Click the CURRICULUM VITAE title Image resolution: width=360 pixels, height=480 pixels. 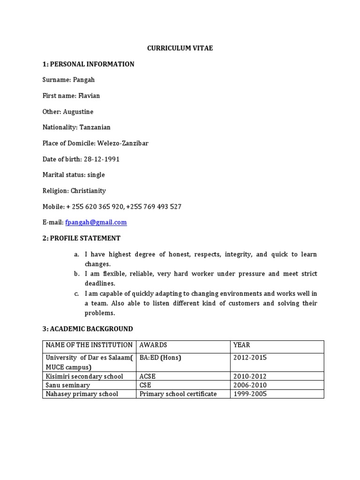[x=180, y=48]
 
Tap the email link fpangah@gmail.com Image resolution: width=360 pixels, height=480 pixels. [x=99, y=222]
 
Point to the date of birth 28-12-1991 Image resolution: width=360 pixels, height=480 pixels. [x=102, y=159]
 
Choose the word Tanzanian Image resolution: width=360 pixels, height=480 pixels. [x=95, y=127]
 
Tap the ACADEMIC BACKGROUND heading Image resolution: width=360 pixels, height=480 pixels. [x=91, y=329]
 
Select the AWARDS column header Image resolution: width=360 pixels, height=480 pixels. [x=153, y=345]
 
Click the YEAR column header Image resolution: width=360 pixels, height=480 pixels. [x=241, y=345]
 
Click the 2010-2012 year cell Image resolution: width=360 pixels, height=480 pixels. [x=250, y=376]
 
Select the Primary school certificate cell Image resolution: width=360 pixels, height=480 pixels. [x=178, y=394]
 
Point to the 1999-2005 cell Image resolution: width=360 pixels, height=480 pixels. [x=250, y=394]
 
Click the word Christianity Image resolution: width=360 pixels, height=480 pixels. [x=88, y=191]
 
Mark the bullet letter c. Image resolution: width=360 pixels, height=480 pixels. [x=76, y=294]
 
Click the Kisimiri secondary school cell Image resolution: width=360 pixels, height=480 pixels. [x=84, y=376]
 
